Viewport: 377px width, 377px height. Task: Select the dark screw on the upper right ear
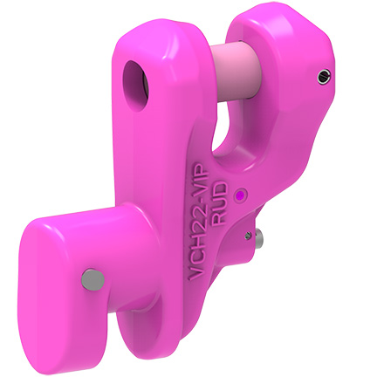pyautogui.click(x=324, y=78)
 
